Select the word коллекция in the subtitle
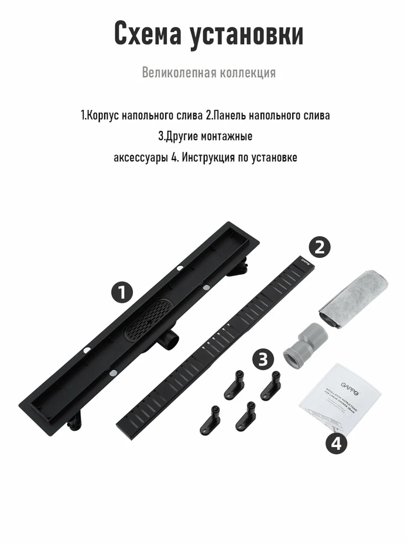tap(248, 72)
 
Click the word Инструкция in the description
tap(207, 157)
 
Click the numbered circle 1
tap(122, 293)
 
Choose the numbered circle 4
tap(336, 443)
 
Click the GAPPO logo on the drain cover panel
tap(304, 260)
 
